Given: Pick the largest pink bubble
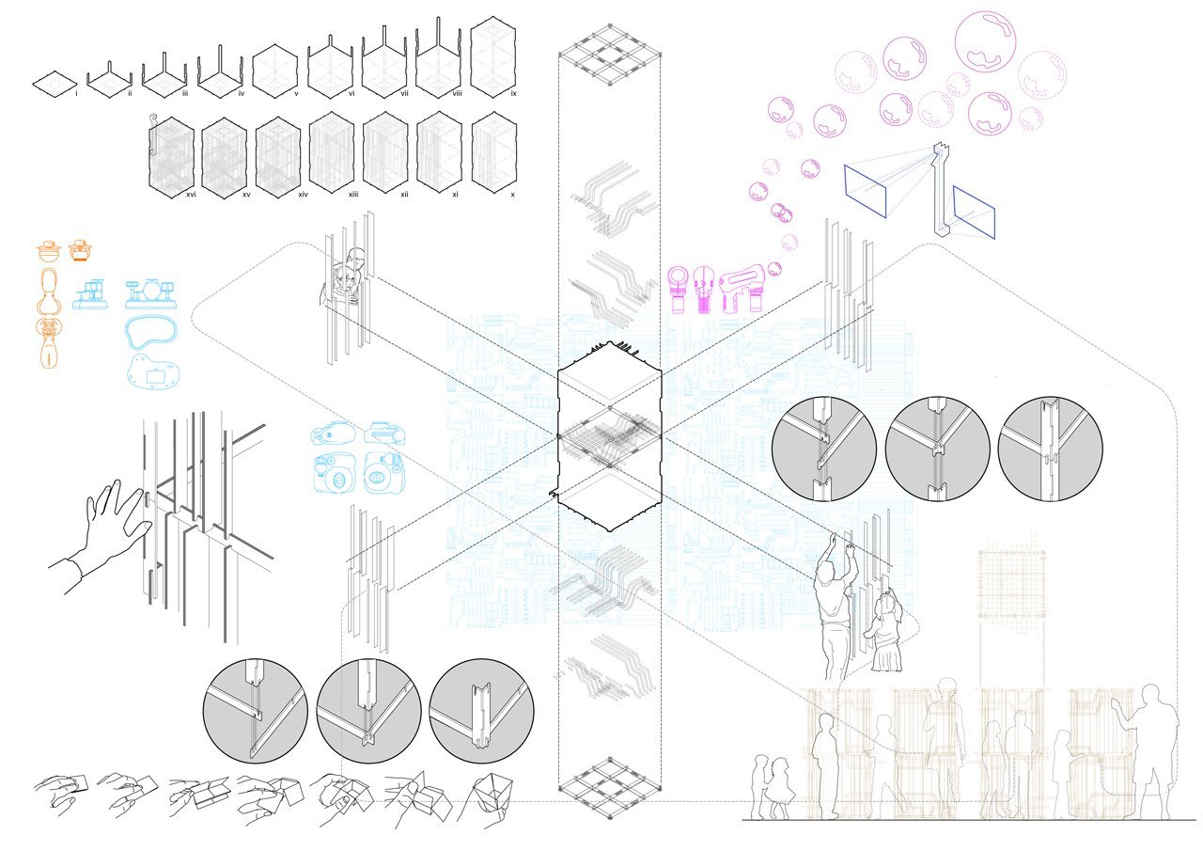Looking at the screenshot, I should [x=985, y=41].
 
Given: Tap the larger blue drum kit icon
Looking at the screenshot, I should [x=151, y=292].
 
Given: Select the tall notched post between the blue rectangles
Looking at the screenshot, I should [x=941, y=188].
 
